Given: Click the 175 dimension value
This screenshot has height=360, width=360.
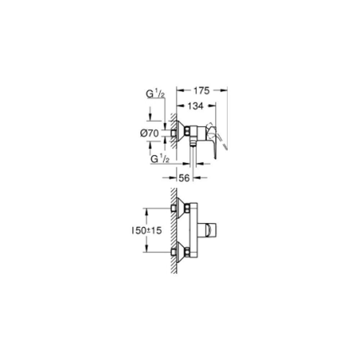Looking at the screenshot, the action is coord(201,91).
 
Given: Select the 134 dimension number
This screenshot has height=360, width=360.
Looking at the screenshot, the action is coord(195,106).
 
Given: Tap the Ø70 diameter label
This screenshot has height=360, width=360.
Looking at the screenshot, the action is coord(149,133).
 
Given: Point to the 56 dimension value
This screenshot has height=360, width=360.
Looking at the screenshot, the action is coord(184,178).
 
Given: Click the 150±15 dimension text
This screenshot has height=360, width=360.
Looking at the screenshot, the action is coord(147,230).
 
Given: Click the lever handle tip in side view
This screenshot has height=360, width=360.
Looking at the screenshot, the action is coord(215,157).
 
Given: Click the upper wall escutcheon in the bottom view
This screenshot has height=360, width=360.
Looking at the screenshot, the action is coord(181,208).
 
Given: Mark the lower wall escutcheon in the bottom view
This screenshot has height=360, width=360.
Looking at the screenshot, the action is coord(181,252).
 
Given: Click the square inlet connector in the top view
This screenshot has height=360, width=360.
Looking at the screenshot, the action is coord(174,133).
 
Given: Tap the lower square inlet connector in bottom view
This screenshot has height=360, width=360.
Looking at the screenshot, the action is coord(174,252).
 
